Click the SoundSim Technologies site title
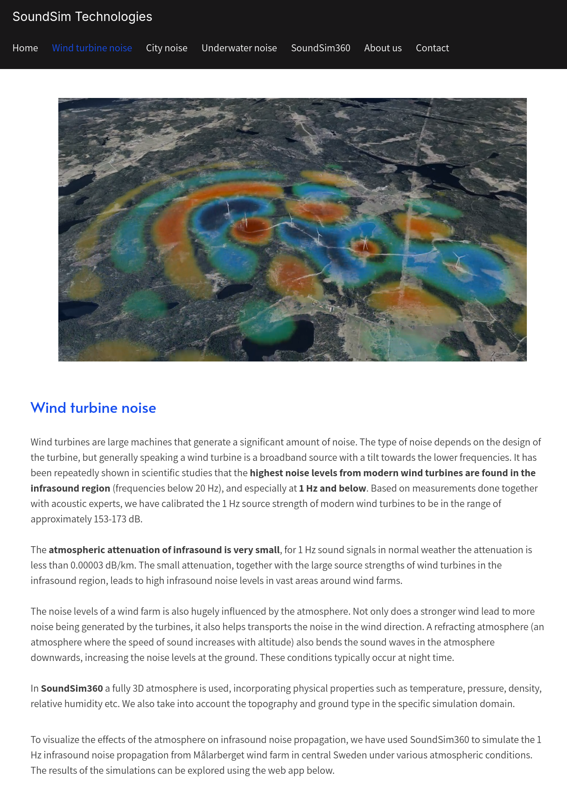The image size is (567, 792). click(x=82, y=17)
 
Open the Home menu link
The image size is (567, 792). click(x=25, y=48)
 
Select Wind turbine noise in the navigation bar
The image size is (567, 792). click(x=92, y=48)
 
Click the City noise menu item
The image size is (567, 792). click(x=167, y=48)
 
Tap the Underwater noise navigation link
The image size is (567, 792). click(x=239, y=48)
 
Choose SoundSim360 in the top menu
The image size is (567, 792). click(x=321, y=48)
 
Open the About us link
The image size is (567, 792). click(x=383, y=48)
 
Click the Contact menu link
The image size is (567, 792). click(x=432, y=48)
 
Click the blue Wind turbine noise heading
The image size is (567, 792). click(x=93, y=408)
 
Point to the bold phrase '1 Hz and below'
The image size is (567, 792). click(x=332, y=488)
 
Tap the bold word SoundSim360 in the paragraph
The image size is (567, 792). click(x=72, y=688)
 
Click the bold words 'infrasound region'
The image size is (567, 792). click(x=70, y=488)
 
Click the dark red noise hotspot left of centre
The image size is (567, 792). click(x=252, y=227)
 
